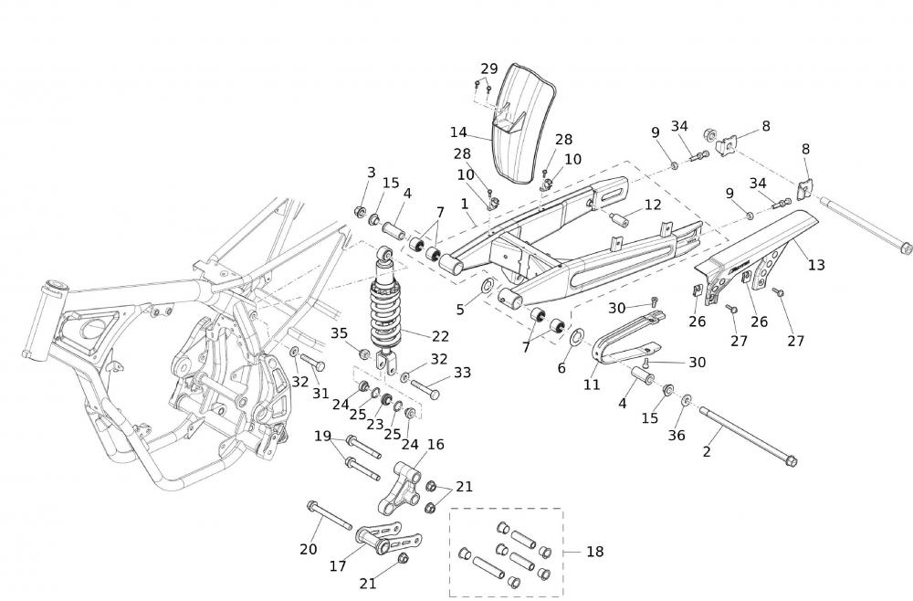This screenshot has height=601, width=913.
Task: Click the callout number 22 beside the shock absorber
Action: point(415,336)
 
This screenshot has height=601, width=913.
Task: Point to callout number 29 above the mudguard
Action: point(489,69)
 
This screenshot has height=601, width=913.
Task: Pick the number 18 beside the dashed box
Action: point(594,552)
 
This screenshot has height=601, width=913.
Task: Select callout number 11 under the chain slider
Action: point(592,385)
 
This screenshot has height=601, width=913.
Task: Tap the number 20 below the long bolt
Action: point(308,549)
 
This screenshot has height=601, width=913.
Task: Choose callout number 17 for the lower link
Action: point(338,566)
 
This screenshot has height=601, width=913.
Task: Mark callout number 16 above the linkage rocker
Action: point(436,445)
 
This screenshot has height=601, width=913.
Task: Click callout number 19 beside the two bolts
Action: point(323,436)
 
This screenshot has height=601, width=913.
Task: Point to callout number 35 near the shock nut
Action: point(339,332)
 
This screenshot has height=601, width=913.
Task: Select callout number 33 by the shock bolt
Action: point(463,372)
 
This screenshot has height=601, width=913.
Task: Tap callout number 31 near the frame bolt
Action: point(320,393)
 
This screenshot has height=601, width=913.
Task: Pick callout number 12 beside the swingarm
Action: point(653,205)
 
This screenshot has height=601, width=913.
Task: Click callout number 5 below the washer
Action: point(461,310)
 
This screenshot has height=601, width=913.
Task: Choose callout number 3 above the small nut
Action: point(371,173)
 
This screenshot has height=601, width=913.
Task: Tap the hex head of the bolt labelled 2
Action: point(791,460)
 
